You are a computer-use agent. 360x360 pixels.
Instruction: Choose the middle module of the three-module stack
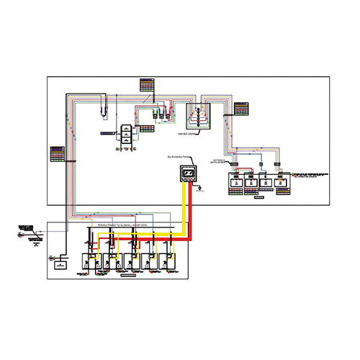coord(125,134)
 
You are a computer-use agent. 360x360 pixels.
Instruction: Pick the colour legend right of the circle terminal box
coord(242,109)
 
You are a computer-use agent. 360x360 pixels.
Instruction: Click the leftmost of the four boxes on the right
coord(235,180)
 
